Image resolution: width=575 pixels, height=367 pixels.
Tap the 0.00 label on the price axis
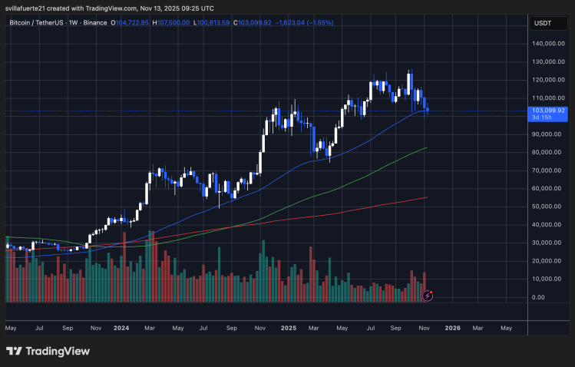click(x=537, y=297)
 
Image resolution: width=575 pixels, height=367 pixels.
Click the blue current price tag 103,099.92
click(x=547, y=110)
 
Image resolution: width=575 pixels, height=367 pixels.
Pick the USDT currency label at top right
click(x=542, y=23)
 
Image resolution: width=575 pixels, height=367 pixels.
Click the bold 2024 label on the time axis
click(x=121, y=327)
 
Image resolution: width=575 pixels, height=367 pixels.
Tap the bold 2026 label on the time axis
click(x=453, y=327)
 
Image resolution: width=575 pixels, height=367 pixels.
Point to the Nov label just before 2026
click(x=425, y=327)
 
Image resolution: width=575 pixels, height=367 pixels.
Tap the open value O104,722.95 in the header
click(x=130, y=22)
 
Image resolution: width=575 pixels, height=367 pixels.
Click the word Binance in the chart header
click(x=95, y=22)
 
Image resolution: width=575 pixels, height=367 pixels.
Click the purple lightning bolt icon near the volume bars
click(x=427, y=295)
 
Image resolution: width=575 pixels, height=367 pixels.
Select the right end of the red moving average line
click(x=427, y=197)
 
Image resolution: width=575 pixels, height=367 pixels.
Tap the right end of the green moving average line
click(x=427, y=147)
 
